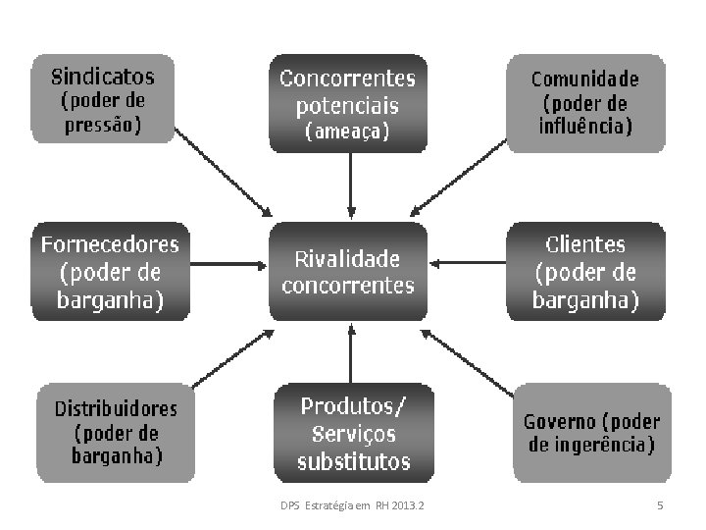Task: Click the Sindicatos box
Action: pyautogui.click(x=102, y=99)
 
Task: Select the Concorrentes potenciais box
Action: pyautogui.click(x=348, y=103)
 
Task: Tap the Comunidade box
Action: pyautogui.click(x=585, y=102)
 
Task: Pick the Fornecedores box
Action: pyautogui.click(x=111, y=271)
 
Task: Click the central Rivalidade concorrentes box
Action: pyautogui.click(x=348, y=272)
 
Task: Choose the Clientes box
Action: pyautogui.click(x=585, y=272)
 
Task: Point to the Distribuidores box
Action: pyautogui.click(x=116, y=432)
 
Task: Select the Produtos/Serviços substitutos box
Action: pyautogui.click(x=353, y=433)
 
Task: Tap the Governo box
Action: pyautogui.click(x=592, y=433)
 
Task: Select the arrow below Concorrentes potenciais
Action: pyautogui.click(x=349, y=186)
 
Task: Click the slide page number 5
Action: pyautogui.click(x=660, y=505)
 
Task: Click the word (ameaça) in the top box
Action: pyautogui.click(x=348, y=132)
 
